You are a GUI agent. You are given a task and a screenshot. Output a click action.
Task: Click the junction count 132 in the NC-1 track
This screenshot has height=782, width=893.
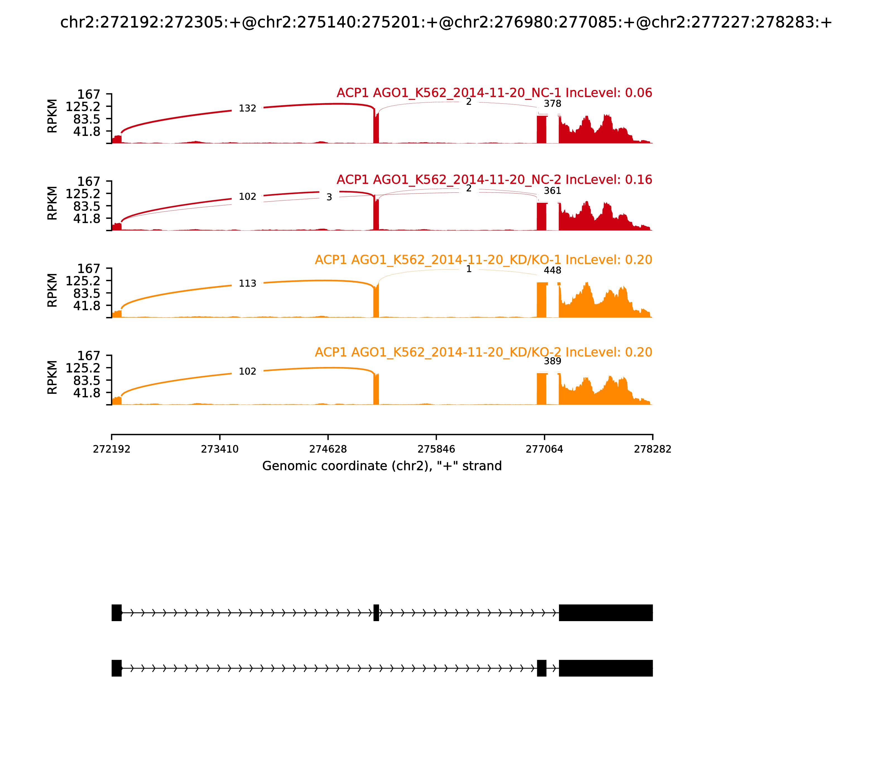[247, 108]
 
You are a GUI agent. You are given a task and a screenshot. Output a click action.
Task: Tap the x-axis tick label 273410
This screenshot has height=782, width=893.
[220, 449]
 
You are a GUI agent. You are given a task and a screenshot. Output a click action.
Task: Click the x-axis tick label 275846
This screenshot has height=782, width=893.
[436, 449]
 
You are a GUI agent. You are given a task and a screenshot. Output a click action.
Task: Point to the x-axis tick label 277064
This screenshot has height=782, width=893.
[544, 449]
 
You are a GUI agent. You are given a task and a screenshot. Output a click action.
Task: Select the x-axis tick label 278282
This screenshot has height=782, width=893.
[652, 449]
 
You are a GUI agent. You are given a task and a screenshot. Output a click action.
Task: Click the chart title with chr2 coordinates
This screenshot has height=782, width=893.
[446, 22]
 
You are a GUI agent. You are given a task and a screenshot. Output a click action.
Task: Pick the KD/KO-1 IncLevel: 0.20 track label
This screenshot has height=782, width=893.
[483, 260]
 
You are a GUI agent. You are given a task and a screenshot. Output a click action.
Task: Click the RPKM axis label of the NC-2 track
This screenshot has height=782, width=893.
[52, 203]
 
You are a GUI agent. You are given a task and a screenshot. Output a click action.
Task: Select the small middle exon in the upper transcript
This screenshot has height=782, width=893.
[376, 613]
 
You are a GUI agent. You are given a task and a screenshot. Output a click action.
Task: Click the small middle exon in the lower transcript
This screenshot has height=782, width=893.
[542, 668]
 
